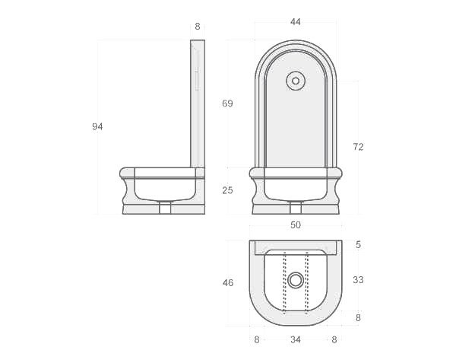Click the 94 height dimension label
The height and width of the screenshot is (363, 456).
(x=97, y=126)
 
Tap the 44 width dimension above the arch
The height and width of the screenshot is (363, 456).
(x=296, y=22)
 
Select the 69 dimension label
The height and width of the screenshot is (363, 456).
(x=227, y=103)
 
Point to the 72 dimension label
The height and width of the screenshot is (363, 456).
(x=358, y=147)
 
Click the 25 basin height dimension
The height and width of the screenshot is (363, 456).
(x=227, y=190)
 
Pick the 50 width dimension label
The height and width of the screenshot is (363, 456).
(x=296, y=225)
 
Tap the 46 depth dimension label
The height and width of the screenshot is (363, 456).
(x=227, y=283)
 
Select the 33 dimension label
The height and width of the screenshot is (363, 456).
(x=358, y=280)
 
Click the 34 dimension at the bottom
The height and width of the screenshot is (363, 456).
(x=296, y=339)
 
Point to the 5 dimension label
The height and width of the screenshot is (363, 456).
(x=358, y=245)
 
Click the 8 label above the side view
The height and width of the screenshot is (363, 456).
(x=198, y=27)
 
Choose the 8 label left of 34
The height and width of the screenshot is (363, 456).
(x=257, y=339)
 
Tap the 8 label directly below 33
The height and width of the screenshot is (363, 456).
(x=358, y=318)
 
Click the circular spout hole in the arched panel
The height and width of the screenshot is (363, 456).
(x=296, y=81)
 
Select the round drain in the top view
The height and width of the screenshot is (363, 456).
(x=296, y=280)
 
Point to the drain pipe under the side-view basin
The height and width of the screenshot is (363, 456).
(x=165, y=208)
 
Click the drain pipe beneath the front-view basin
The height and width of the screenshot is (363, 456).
(x=296, y=208)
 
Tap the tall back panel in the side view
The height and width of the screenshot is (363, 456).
(x=197, y=103)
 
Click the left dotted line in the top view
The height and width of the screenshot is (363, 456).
(x=284, y=282)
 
